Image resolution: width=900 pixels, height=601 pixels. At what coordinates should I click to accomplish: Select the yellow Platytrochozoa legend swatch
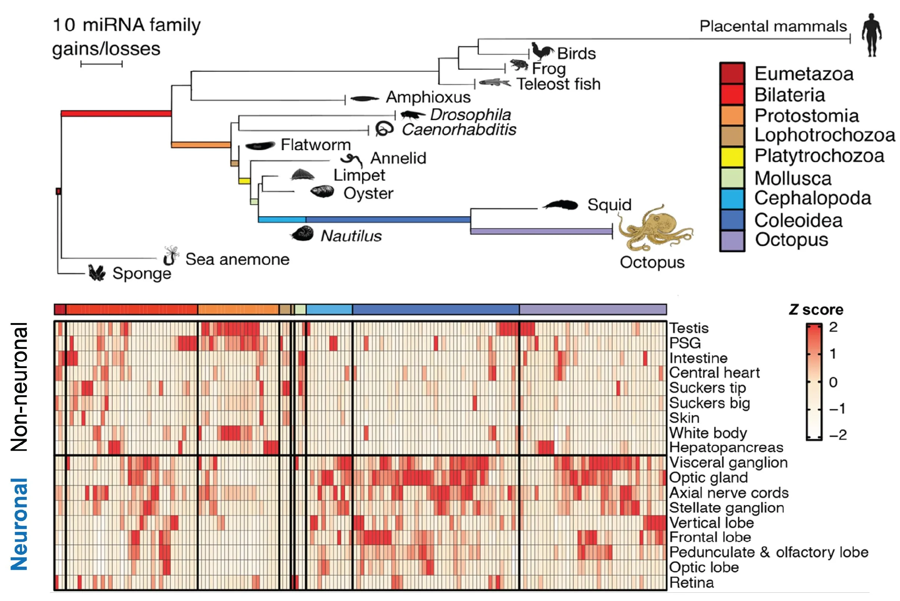[x=732, y=156]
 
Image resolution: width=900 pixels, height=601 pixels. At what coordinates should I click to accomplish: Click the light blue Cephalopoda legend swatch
[x=732, y=199]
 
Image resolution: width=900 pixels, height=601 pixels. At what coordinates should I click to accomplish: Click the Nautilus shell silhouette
[x=302, y=233]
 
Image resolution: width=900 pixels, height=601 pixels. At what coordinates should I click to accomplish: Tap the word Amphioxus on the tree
[x=428, y=97]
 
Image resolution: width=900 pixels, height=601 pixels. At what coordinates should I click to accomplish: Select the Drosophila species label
[x=470, y=115]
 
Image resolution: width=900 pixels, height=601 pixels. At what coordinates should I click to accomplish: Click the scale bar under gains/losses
[x=101, y=64]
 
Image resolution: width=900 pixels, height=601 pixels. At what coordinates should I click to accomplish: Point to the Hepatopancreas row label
[x=726, y=448]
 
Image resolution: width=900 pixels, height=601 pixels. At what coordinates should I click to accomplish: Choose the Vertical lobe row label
[x=711, y=523]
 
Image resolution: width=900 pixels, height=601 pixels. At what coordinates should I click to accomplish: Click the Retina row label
[x=691, y=583]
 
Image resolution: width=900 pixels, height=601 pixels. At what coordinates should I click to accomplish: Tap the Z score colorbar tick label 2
[x=833, y=327]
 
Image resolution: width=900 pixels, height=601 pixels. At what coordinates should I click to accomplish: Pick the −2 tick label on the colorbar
[x=838, y=435]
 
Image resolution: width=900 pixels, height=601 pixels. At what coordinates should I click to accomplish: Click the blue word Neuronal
[x=19, y=524]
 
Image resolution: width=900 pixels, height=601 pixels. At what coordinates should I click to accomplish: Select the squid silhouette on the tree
[x=561, y=205]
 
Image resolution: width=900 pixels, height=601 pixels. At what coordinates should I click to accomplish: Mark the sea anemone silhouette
[x=170, y=256]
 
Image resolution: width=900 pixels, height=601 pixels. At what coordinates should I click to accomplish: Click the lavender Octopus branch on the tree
[x=541, y=231]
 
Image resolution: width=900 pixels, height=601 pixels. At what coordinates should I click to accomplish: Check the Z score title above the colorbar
[x=816, y=310]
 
